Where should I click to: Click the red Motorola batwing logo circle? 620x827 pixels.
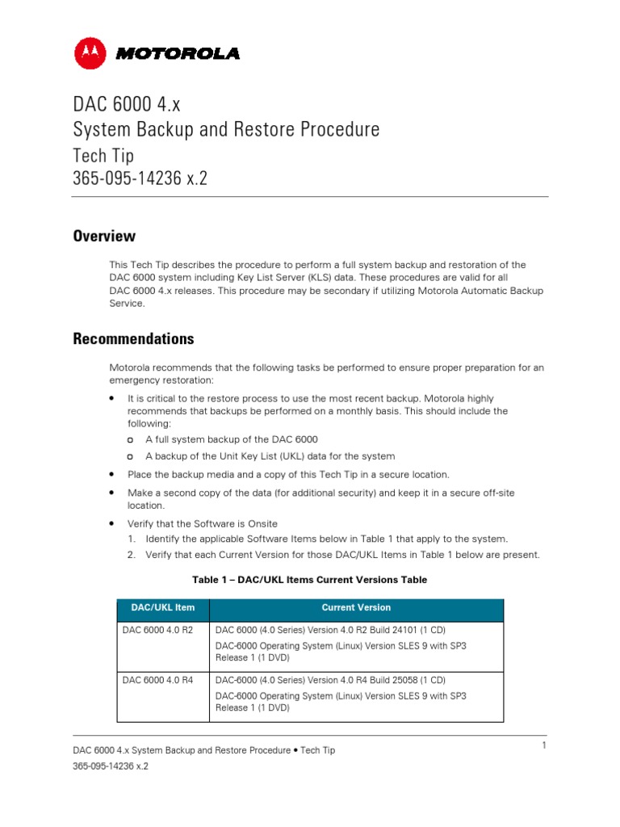(x=91, y=53)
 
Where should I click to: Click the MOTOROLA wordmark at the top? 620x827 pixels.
(x=177, y=54)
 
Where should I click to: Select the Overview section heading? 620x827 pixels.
(x=104, y=237)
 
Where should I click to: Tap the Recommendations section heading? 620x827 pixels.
(x=133, y=338)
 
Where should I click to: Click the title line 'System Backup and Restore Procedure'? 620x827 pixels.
(x=226, y=129)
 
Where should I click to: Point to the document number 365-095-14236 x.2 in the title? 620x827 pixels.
(x=140, y=178)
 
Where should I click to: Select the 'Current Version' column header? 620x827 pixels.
(x=355, y=608)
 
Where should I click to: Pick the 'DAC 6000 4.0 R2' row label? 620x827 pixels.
(x=157, y=630)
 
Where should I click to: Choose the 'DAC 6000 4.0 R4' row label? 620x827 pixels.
(x=157, y=680)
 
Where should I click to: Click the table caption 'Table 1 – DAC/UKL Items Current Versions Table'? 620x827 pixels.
(x=309, y=580)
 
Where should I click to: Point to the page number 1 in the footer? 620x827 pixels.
(x=544, y=745)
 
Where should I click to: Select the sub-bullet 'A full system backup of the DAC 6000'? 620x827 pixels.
(x=232, y=439)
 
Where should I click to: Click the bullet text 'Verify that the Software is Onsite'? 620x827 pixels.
(x=203, y=524)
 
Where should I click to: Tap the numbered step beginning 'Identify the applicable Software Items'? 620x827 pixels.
(x=326, y=539)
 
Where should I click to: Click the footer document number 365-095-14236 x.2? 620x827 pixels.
(x=111, y=766)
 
